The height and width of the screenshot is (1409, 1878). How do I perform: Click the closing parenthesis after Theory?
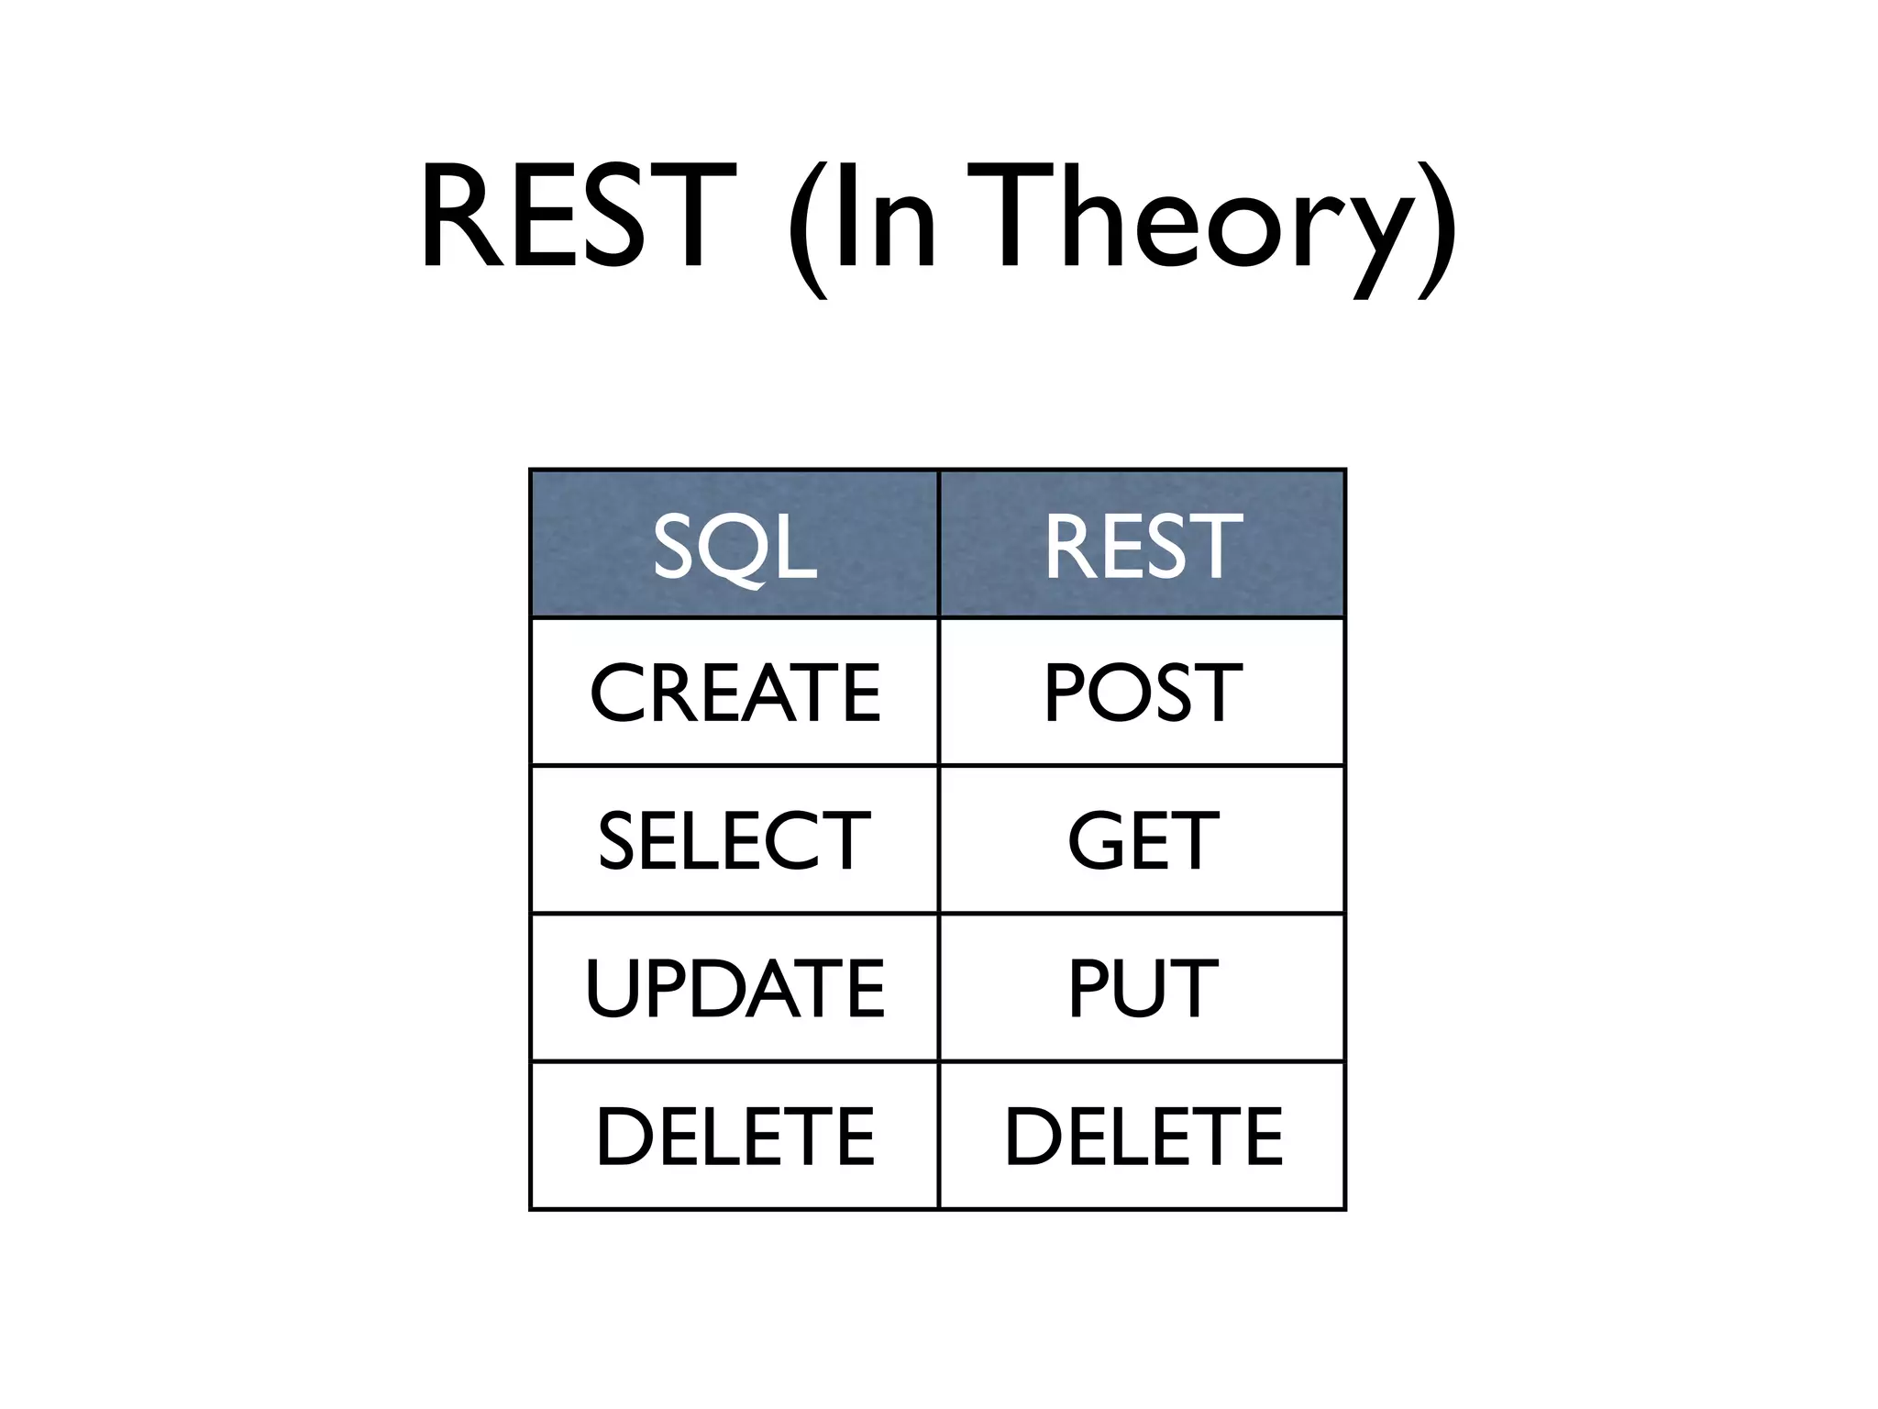click(x=1437, y=229)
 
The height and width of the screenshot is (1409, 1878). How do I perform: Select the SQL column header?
click(x=735, y=547)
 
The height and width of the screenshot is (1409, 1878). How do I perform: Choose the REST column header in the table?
click(x=1143, y=547)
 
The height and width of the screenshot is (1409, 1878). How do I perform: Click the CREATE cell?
click(x=735, y=693)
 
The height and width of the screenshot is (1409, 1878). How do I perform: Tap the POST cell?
click(x=1143, y=693)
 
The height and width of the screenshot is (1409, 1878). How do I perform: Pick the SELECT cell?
click(x=735, y=840)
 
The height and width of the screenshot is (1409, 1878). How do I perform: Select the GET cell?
click(x=1143, y=840)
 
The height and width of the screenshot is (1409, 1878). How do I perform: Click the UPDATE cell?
click(x=735, y=988)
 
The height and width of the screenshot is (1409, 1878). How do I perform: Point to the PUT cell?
click(x=1143, y=988)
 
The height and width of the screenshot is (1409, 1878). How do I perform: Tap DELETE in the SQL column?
click(x=735, y=1137)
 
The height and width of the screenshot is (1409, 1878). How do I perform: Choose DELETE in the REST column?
click(x=1143, y=1137)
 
